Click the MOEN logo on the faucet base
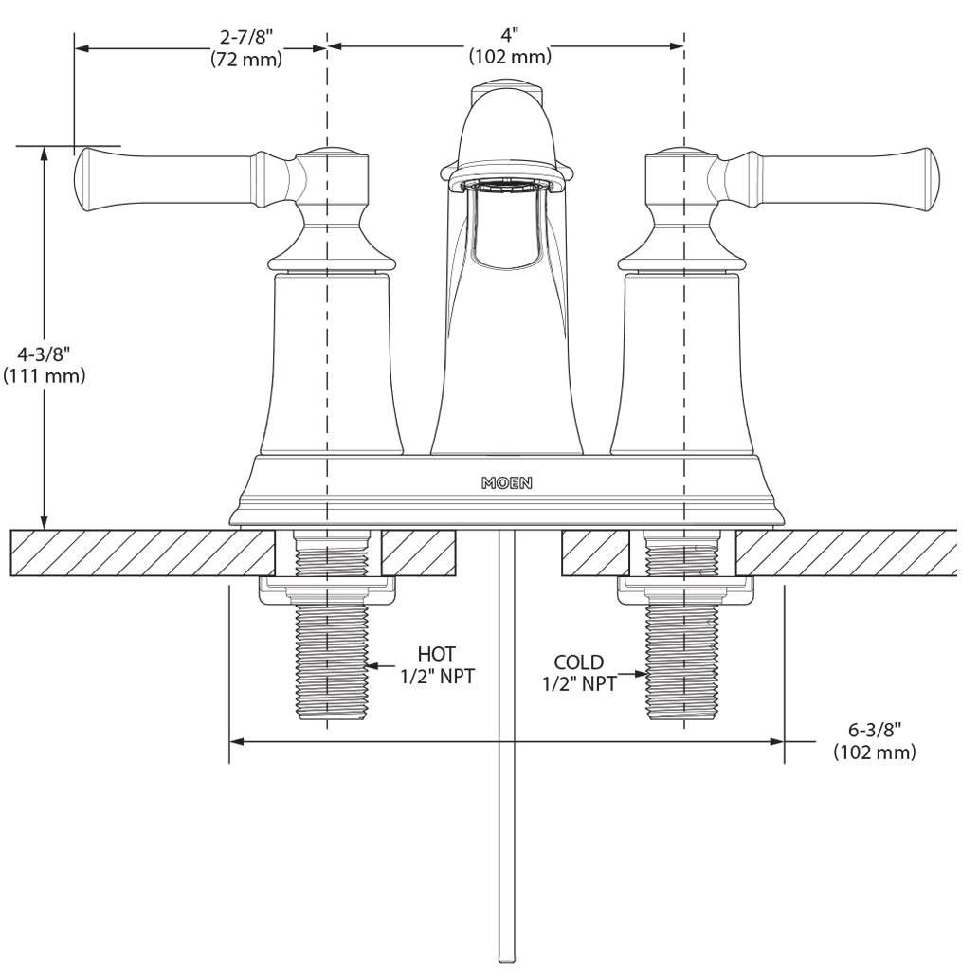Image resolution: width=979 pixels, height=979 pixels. (506, 482)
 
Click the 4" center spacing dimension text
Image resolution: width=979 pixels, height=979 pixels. (510, 36)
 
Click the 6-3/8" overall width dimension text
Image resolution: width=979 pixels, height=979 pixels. (874, 730)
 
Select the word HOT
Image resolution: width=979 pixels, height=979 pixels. (436, 654)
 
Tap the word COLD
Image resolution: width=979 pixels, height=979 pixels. (578, 662)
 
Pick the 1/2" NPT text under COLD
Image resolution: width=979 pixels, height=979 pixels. (579, 683)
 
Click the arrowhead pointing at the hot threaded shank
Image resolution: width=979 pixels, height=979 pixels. (372, 665)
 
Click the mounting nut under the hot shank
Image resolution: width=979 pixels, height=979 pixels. (328, 591)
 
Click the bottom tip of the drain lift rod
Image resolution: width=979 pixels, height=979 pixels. (506, 959)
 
